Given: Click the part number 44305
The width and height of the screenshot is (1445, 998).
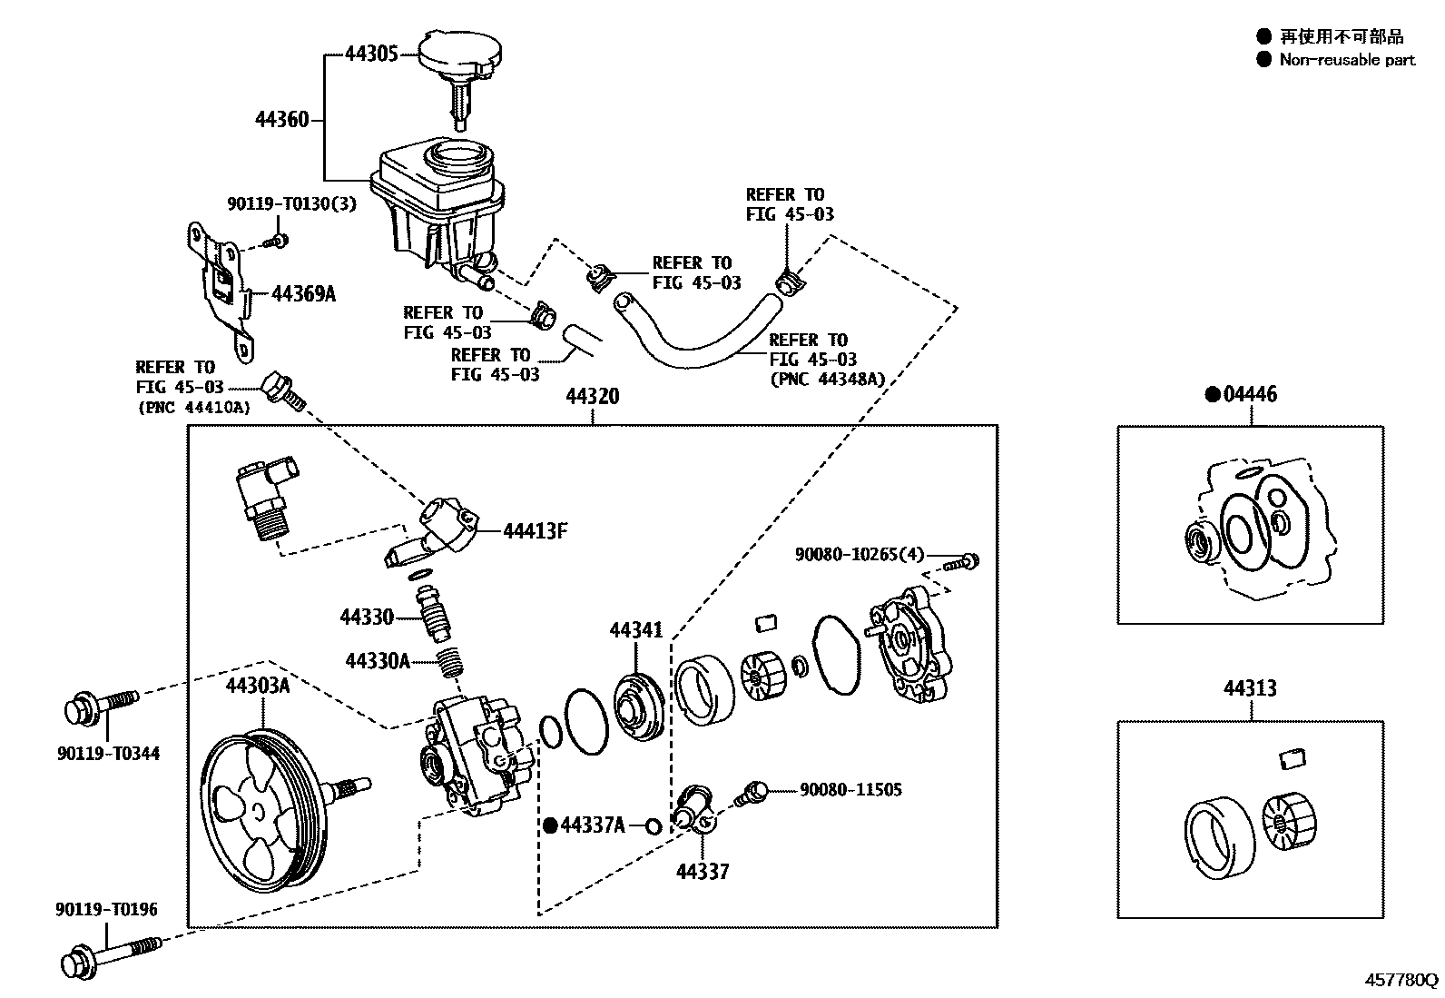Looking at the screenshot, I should tap(371, 54).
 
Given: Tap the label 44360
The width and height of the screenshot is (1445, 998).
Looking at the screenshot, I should tap(282, 120).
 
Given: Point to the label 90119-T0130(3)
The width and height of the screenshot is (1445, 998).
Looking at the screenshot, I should tap(291, 205).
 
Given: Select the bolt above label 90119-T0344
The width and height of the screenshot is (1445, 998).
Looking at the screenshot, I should tap(100, 707).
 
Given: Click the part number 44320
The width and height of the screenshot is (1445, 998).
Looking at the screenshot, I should tap(593, 397).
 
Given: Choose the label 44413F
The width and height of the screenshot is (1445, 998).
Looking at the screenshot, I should tap(536, 531).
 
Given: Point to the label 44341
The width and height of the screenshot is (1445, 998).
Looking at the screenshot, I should tap(635, 630).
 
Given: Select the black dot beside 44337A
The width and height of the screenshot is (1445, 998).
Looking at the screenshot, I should tap(549, 825).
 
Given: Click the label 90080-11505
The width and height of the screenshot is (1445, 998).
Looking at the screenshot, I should tap(850, 790).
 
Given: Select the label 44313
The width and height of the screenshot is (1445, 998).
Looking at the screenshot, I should tap(1249, 688).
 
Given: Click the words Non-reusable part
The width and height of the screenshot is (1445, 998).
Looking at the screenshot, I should tap(1347, 60).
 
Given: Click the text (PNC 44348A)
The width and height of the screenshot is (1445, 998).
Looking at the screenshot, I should tap(826, 379).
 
